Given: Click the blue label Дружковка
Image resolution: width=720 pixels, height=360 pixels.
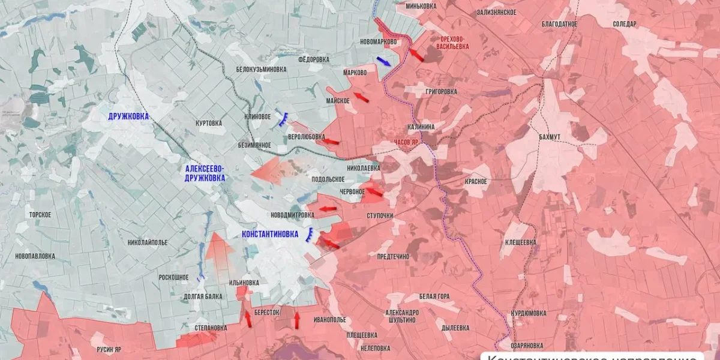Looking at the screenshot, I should (x=128, y=116).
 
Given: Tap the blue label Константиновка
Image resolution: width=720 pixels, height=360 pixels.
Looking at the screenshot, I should (x=269, y=235).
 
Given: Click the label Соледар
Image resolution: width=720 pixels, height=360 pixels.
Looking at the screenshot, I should (x=625, y=24).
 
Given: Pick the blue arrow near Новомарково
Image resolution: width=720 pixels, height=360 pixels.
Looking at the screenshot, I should (x=384, y=61).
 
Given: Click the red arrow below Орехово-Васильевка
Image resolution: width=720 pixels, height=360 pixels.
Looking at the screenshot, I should (x=416, y=55).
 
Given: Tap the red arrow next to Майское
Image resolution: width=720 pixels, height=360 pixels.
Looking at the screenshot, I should (x=361, y=97).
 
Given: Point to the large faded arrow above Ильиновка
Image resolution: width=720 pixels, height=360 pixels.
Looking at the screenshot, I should (x=219, y=252).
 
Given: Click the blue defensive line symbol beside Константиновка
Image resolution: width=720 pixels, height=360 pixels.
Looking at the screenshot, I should (x=310, y=235).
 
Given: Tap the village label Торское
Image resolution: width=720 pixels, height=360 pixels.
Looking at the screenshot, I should (x=40, y=214).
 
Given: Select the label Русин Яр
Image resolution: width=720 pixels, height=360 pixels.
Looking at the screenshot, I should (x=109, y=349).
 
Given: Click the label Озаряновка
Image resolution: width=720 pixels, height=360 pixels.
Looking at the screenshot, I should (x=527, y=346).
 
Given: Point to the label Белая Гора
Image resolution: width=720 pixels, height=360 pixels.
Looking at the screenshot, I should (x=434, y=296).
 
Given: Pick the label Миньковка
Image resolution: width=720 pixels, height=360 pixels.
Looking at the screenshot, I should (x=421, y=6).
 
